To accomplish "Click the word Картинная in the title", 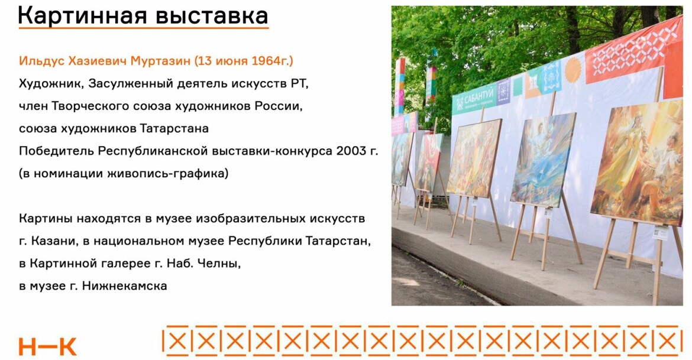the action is [x=82, y=16].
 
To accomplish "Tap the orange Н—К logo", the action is [x=47, y=347].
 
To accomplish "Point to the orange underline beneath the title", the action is [x=144, y=29].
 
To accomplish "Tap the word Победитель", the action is [x=56, y=151].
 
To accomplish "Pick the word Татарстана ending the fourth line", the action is [x=174, y=128].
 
